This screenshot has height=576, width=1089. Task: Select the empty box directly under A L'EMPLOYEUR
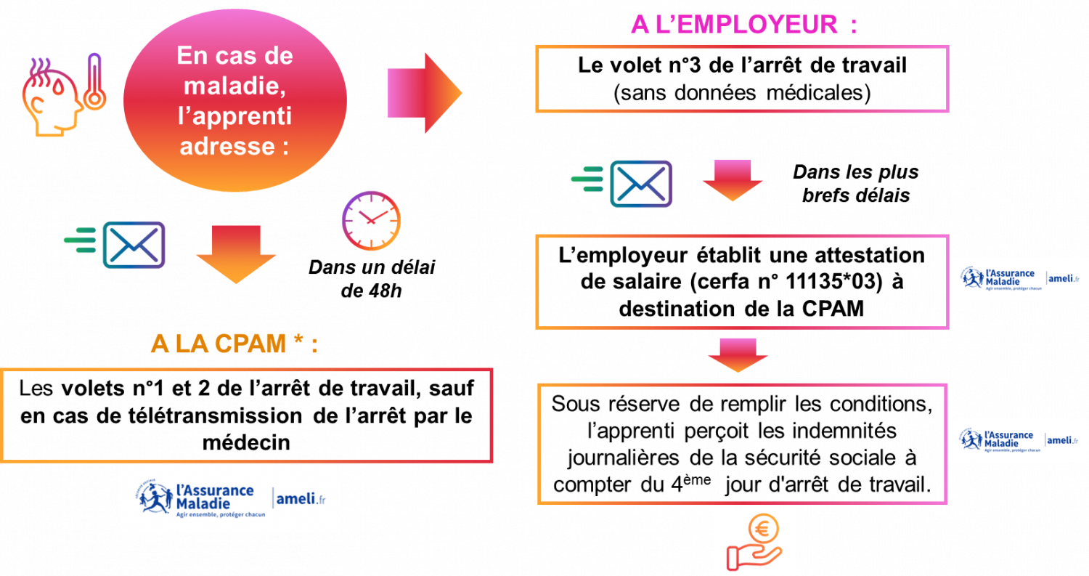[742, 78]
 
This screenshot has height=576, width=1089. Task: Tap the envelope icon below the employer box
[641, 183]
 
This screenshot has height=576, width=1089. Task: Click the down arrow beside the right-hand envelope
[732, 179]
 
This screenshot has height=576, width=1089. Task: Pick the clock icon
[371, 221]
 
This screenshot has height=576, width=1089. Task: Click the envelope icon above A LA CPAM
[134, 245]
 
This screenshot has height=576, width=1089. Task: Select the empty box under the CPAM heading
[247, 415]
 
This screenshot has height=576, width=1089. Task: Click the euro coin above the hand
[764, 530]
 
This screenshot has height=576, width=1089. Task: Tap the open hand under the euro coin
[752, 556]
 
